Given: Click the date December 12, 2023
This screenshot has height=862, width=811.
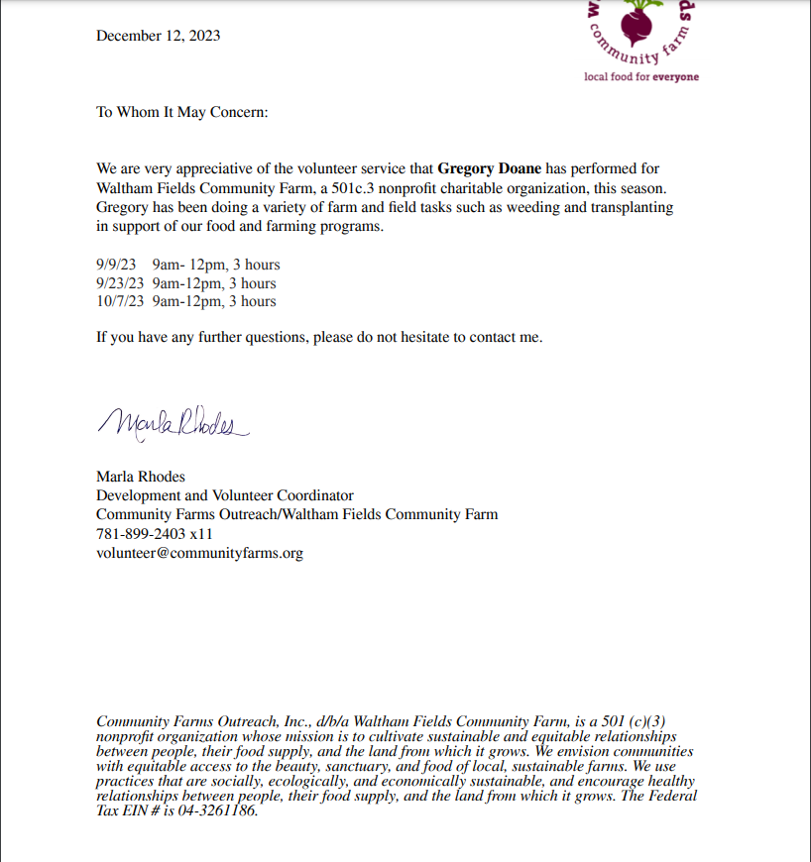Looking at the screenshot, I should click(159, 36).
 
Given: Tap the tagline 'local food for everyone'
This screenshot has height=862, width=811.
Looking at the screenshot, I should click(641, 76).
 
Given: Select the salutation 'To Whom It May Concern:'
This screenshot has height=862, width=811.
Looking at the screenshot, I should click(182, 112).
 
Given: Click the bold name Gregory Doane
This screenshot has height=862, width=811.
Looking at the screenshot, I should click(490, 169).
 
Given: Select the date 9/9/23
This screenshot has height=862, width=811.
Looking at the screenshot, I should click(117, 265).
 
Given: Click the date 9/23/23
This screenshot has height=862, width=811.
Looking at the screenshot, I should click(120, 283).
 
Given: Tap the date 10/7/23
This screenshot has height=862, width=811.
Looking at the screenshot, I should click(120, 301).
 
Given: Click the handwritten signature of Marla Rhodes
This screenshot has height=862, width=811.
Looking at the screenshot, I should click(169, 423).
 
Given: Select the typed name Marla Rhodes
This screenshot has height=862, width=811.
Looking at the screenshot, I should click(141, 477).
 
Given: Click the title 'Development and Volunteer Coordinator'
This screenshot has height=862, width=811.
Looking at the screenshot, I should click(225, 495).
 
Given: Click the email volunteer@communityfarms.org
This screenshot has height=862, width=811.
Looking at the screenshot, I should click(199, 553).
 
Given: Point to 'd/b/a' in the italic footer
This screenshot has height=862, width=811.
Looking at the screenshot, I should click(303, 720).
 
